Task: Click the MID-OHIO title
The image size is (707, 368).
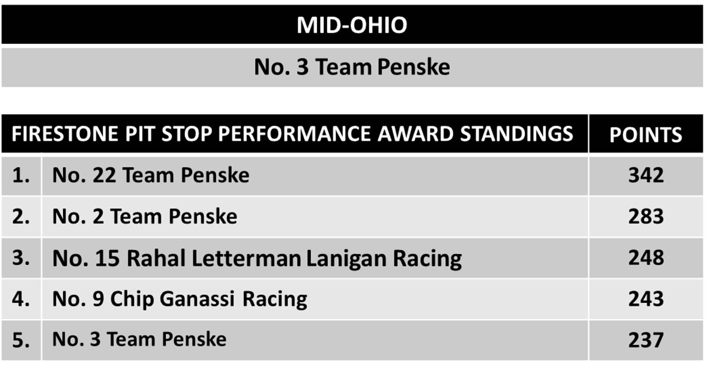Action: (x=352, y=25)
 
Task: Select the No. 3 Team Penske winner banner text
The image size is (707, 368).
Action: (x=352, y=67)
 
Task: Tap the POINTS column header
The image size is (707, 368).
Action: (x=646, y=135)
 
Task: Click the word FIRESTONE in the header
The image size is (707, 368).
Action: (x=65, y=134)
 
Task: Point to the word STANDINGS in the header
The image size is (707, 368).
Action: (x=516, y=134)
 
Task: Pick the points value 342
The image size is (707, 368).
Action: (x=646, y=175)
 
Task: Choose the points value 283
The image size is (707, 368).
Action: (x=646, y=216)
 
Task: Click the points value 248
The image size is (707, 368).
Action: (x=646, y=257)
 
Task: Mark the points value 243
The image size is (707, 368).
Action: (x=646, y=299)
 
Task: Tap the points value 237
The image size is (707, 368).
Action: (x=646, y=340)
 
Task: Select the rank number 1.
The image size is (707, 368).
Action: (x=21, y=175)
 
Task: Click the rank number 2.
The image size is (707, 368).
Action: (x=21, y=216)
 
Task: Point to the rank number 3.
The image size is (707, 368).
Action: (x=21, y=257)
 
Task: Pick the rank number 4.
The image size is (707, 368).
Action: (x=21, y=299)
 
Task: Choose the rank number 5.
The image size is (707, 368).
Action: (x=21, y=340)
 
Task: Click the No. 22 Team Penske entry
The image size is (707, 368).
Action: (x=151, y=175)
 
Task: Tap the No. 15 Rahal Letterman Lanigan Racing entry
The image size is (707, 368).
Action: (x=257, y=259)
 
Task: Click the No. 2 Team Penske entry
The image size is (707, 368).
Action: (x=145, y=216)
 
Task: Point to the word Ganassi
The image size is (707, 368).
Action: (x=197, y=299)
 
